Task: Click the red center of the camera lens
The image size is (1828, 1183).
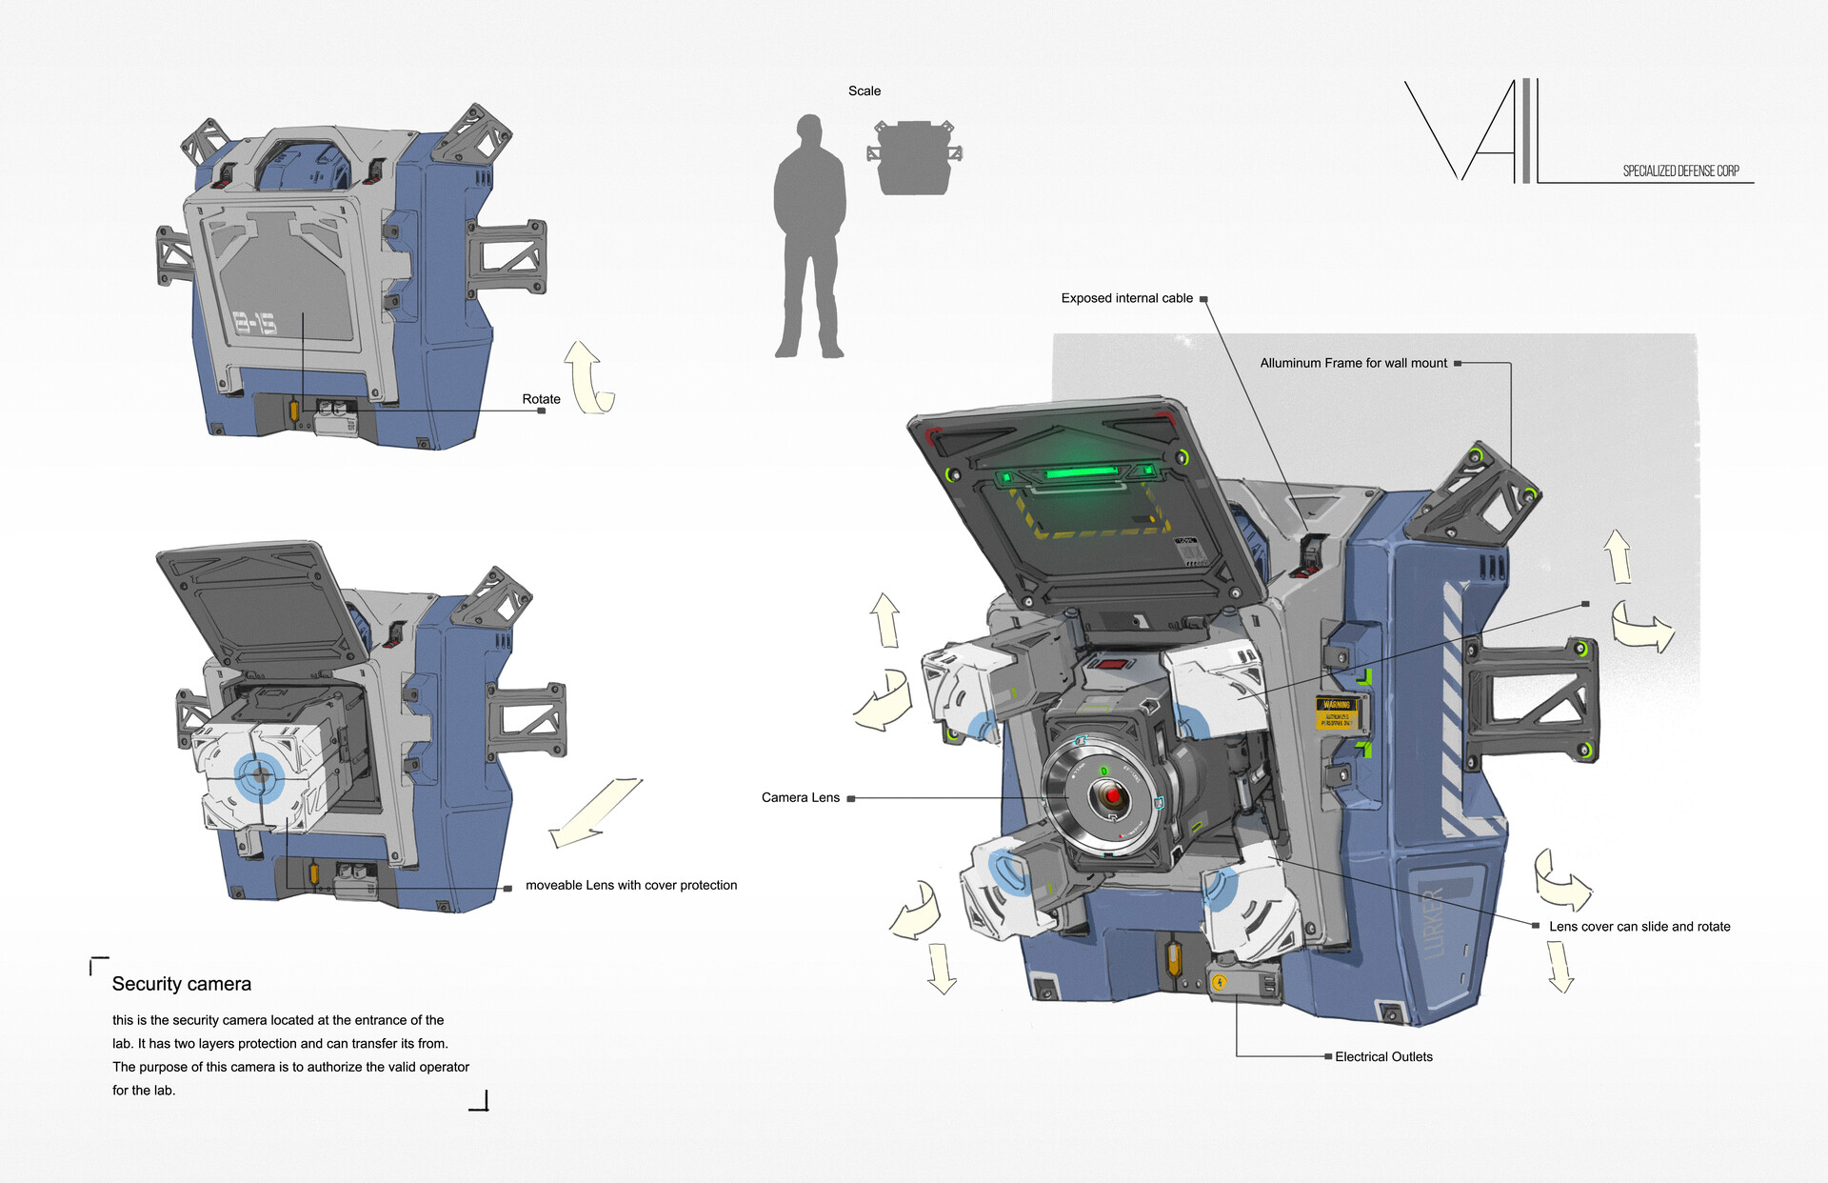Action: point(1112,794)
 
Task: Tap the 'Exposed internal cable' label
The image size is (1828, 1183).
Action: point(1126,298)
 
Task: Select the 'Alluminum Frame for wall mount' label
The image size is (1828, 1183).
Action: point(1352,363)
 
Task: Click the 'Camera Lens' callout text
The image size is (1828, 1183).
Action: point(800,798)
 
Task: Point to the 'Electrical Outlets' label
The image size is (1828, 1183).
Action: point(1382,1056)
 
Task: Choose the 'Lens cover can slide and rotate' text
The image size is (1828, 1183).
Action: point(1639,926)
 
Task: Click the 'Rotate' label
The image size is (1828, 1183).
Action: point(541,399)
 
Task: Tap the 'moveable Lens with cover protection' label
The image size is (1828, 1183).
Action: point(630,885)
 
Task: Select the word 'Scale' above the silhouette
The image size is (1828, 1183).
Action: point(864,91)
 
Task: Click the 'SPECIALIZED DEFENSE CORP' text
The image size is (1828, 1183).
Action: point(1680,171)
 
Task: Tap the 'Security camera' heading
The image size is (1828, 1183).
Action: point(182,984)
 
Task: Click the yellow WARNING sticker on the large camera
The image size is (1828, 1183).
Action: point(1337,712)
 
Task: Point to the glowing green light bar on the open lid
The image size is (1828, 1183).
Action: point(1081,472)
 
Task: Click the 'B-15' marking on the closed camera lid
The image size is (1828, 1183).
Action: point(255,323)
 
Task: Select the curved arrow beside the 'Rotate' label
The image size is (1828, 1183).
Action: point(590,378)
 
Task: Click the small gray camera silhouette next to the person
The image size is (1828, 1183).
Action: point(913,157)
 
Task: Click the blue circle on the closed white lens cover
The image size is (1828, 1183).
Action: point(258,777)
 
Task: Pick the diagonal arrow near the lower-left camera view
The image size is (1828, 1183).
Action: point(596,812)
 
